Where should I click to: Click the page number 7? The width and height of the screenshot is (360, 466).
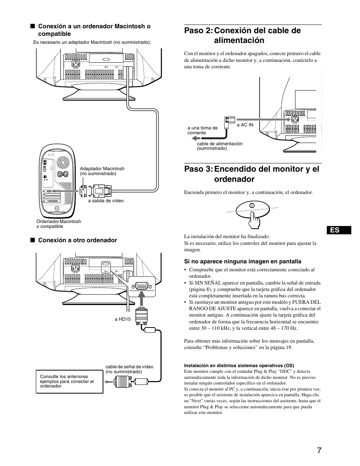(319, 451)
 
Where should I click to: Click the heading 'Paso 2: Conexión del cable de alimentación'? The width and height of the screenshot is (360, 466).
(242, 35)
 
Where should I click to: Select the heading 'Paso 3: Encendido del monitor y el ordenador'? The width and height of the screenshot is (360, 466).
(251, 174)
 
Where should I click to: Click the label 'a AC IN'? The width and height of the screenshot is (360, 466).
(245, 125)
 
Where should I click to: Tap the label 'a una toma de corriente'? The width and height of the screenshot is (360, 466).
(203, 130)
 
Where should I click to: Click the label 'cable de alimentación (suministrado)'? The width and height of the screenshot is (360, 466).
(219, 146)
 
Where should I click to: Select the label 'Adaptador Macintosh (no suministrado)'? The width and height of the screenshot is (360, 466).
(102, 171)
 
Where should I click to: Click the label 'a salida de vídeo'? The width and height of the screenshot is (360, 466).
(106, 201)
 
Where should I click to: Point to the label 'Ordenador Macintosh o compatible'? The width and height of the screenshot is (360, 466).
(58, 224)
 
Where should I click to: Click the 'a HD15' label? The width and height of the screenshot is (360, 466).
(123, 319)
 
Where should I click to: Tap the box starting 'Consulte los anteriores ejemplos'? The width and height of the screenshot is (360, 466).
(69, 381)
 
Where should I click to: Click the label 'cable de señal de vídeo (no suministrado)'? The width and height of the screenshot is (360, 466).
(129, 369)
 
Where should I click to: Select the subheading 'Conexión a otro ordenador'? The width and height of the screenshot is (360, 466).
(77, 240)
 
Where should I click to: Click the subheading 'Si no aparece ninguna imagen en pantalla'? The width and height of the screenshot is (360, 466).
(242, 261)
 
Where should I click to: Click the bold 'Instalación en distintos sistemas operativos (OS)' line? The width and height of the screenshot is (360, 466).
(239, 365)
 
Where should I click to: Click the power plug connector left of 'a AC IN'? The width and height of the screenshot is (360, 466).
(229, 120)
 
